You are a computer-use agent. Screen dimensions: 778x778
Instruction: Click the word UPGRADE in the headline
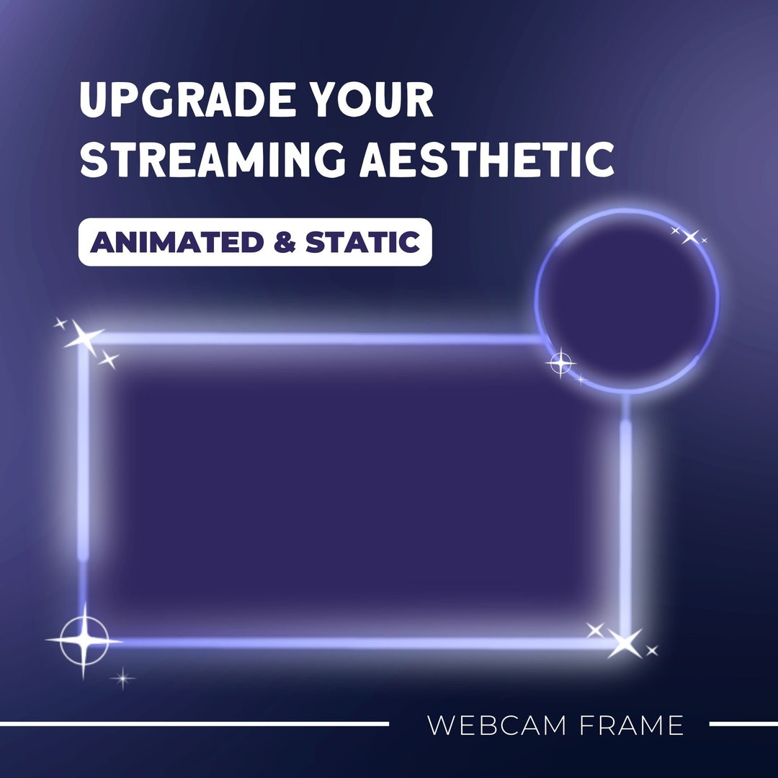pos(187,101)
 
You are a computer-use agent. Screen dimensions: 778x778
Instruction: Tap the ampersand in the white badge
pos(285,243)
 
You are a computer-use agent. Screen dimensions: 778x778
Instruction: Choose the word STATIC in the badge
pos(363,243)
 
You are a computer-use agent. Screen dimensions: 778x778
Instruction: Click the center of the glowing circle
pos(627,301)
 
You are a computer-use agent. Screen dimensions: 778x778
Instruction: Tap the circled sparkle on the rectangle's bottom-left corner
pos(84,640)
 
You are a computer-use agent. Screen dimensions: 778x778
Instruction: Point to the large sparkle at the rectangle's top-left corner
pos(84,336)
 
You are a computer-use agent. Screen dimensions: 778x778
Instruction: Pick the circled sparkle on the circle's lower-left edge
pos(561,363)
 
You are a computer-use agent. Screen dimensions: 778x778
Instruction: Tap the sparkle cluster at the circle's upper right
pos(690,236)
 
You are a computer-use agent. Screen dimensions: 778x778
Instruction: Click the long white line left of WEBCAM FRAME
pos(194,723)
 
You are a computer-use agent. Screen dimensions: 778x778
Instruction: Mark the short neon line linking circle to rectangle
pos(625,407)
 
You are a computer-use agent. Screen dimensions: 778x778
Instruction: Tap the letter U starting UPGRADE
pos(94,101)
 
